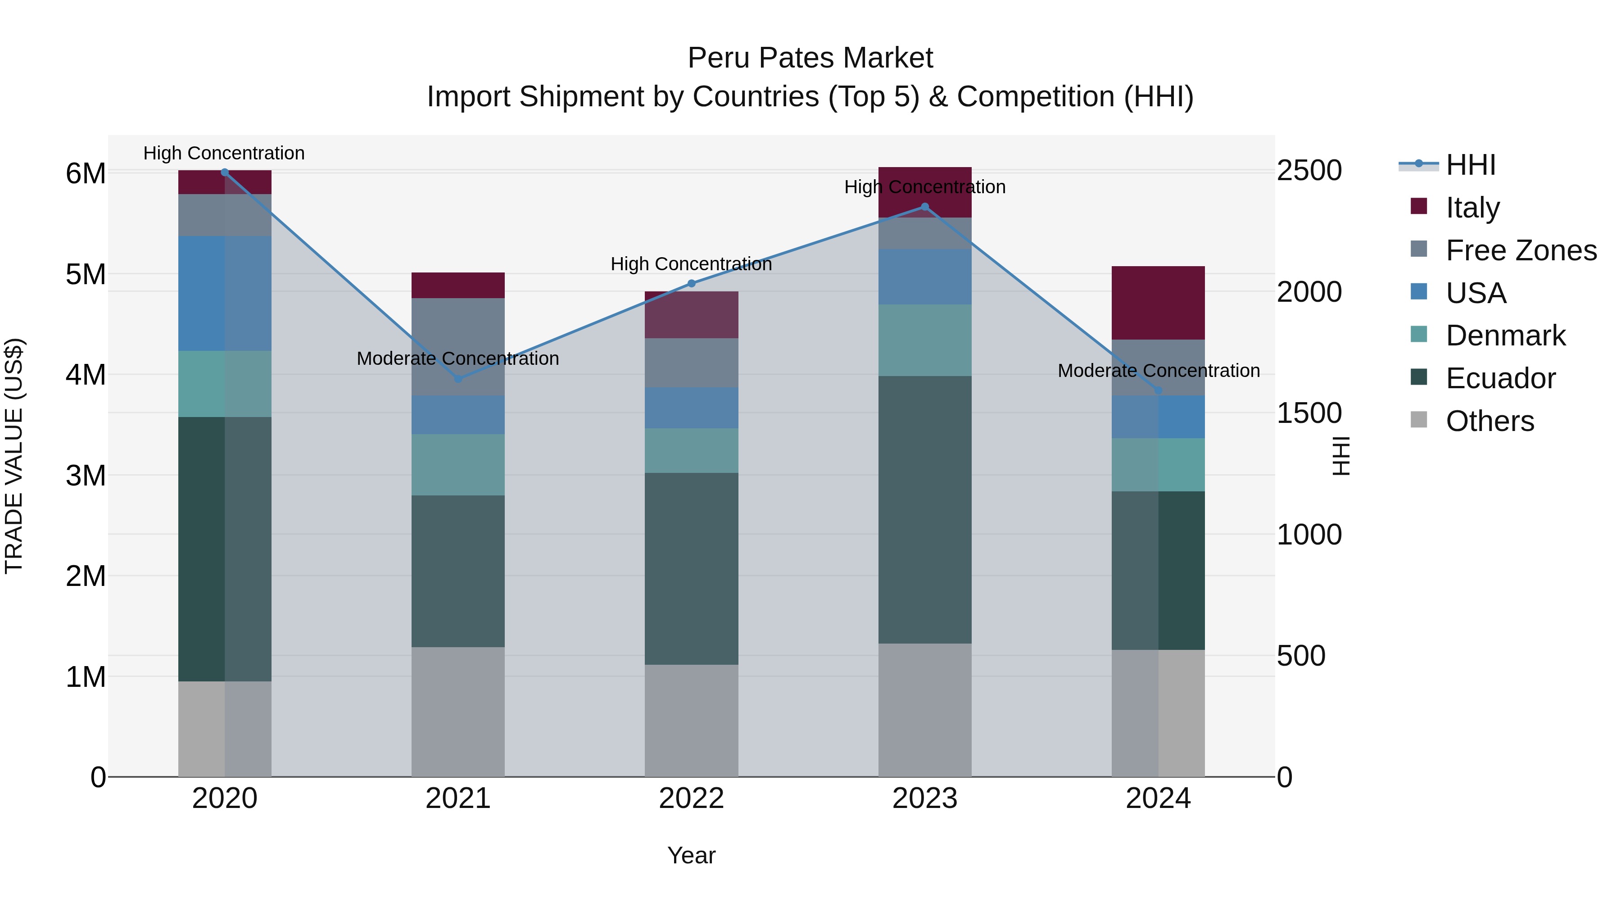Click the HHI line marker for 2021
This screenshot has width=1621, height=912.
(458, 379)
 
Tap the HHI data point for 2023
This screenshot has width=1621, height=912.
(924, 206)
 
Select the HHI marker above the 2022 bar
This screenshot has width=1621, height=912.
(692, 283)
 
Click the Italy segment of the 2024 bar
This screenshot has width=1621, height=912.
(1158, 303)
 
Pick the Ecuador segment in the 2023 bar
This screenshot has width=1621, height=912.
(924, 510)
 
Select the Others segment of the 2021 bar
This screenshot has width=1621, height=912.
(458, 711)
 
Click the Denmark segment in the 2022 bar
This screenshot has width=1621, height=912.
(692, 451)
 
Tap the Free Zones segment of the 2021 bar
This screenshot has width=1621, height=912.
(458, 347)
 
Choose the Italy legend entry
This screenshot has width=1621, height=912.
(1472, 207)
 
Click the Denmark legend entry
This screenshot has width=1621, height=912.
(1505, 336)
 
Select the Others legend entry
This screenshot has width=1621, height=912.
(1490, 421)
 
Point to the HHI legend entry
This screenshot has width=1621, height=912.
(1470, 165)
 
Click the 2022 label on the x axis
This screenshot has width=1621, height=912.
(692, 799)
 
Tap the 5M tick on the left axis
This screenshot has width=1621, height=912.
(86, 274)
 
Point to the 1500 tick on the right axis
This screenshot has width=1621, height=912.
(1309, 413)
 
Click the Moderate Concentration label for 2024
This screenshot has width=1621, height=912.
(1159, 371)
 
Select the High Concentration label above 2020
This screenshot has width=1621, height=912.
(224, 153)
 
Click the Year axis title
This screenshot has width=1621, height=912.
(692, 855)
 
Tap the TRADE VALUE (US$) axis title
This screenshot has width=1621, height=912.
(14, 456)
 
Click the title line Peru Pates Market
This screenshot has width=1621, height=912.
(810, 58)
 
